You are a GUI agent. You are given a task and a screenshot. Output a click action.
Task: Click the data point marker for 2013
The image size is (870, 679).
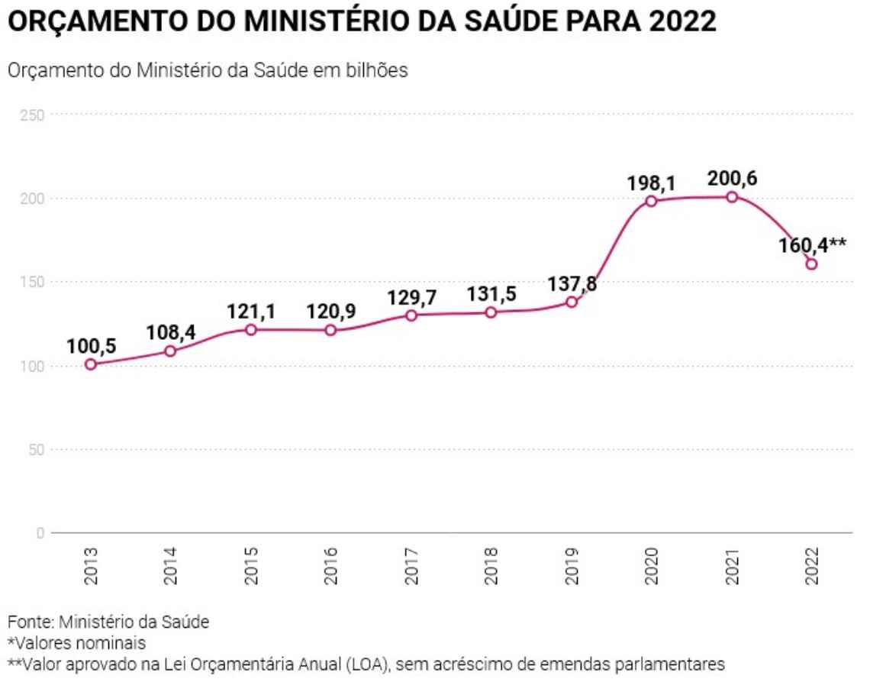91,364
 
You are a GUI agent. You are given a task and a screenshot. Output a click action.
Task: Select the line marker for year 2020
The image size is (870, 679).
651,201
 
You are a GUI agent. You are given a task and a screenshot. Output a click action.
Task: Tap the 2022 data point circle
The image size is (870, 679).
811,264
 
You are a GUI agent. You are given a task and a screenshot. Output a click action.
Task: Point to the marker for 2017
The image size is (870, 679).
411,315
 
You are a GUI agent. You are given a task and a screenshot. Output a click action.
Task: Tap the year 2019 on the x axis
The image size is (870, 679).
572,565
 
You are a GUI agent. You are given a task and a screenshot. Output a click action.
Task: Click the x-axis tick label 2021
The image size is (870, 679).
732,565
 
